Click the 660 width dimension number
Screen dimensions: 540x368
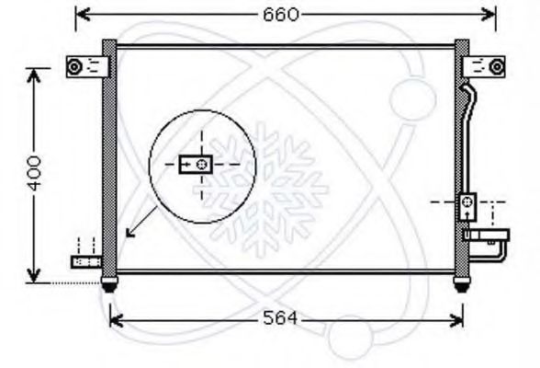281,15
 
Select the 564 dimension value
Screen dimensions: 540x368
279,317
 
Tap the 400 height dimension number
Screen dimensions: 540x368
34,173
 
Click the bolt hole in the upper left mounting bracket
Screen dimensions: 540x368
74,66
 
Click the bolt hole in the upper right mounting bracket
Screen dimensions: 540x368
497,66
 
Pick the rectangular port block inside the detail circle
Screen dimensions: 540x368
196,164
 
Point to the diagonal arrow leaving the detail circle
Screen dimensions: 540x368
141,223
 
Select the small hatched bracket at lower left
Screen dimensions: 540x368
86,262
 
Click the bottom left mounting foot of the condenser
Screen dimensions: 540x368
109,283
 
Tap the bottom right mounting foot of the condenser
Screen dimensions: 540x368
462,283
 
